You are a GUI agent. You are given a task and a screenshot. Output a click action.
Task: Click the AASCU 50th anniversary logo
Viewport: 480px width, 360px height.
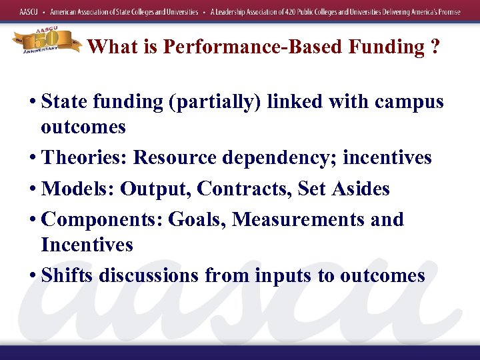click(46, 41)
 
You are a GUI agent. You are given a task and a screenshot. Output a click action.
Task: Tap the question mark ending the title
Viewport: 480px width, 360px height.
click(435, 47)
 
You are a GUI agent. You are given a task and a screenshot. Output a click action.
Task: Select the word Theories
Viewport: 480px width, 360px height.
click(84, 158)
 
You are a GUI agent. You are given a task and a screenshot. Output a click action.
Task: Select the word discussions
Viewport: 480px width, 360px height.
click(148, 275)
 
